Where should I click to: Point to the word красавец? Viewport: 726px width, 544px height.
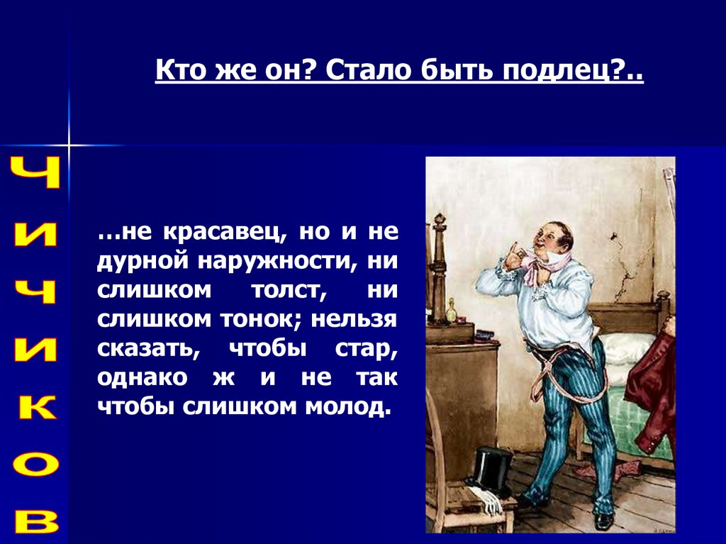pos(225,232)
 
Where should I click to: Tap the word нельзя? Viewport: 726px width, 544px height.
pos(354,320)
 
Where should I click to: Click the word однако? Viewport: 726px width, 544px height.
pos(143,378)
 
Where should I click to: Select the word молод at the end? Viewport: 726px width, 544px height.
pos(345,407)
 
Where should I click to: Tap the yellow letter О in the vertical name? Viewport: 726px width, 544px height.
pos(36,465)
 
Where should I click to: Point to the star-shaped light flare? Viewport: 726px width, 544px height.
pos(69,145)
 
